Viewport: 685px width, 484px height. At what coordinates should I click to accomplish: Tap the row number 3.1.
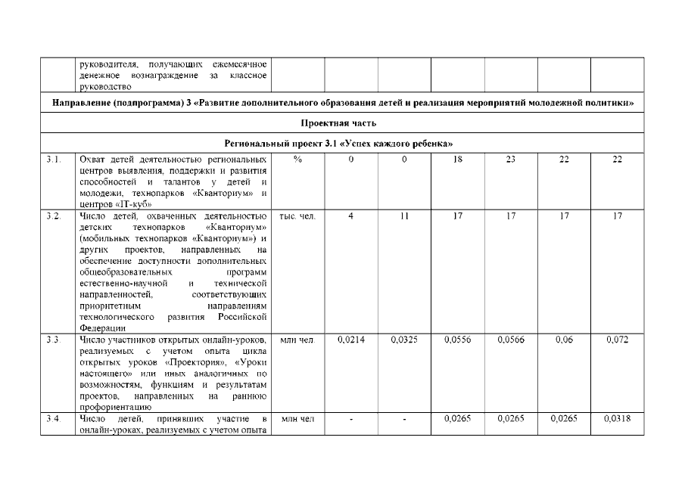click(52, 160)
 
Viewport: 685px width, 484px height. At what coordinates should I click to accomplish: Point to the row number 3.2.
click(52, 217)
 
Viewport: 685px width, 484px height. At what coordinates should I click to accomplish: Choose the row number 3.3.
click(52, 340)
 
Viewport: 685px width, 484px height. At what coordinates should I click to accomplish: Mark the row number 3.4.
click(52, 419)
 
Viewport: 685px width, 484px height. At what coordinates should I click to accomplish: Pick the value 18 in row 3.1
click(458, 160)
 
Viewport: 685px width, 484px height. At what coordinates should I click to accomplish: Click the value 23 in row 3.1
click(511, 160)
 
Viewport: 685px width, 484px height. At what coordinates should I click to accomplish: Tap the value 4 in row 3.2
click(351, 217)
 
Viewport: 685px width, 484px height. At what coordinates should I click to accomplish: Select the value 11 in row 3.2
click(404, 217)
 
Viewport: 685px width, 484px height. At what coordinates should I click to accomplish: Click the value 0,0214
click(351, 340)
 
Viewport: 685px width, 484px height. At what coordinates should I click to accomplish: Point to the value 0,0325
click(404, 340)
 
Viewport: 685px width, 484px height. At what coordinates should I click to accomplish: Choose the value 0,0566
click(511, 340)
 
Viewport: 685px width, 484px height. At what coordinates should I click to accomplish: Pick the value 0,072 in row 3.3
click(618, 340)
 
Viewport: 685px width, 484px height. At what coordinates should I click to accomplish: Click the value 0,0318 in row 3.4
click(618, 419)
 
